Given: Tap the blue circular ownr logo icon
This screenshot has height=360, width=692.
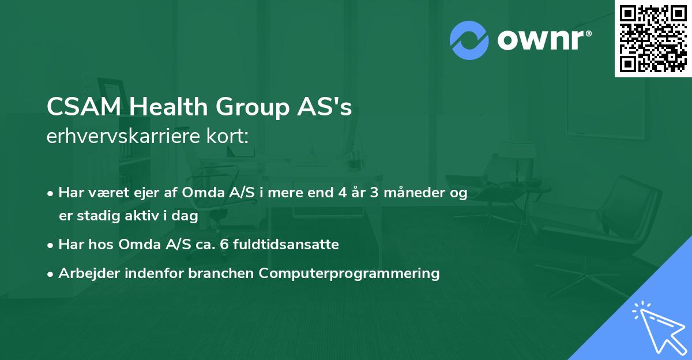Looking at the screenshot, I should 469,40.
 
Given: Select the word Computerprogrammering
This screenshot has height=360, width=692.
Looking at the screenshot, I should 349,273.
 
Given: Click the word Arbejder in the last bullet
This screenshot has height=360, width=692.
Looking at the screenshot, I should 84,273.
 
